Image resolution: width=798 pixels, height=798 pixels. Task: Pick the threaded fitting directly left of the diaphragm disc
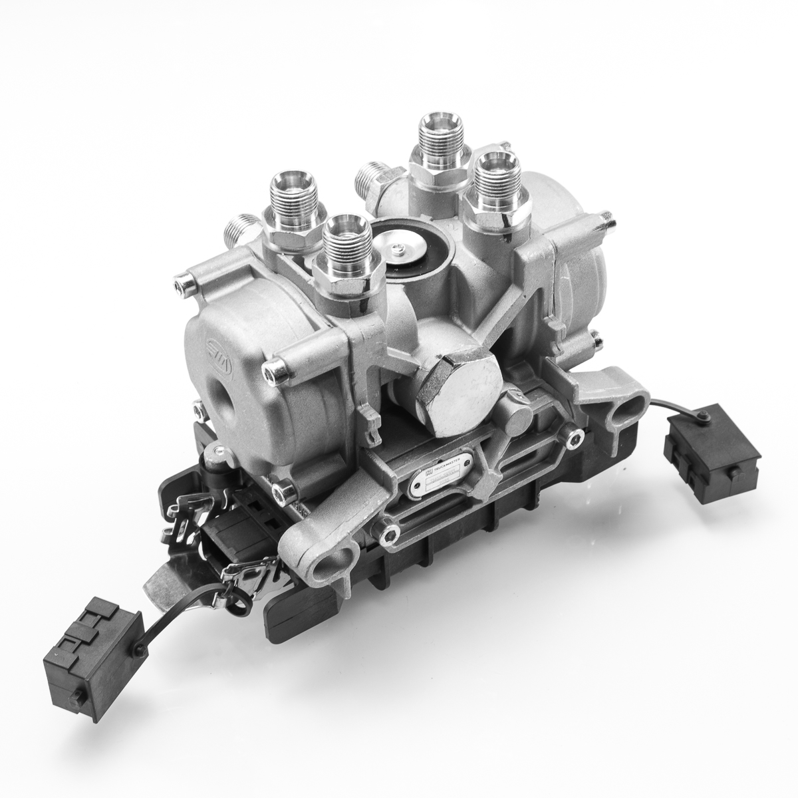[x=344, y=249]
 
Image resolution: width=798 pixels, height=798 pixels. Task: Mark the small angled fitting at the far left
[x=240, y=229]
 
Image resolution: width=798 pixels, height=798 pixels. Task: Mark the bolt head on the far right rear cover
[x=604, y=216]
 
